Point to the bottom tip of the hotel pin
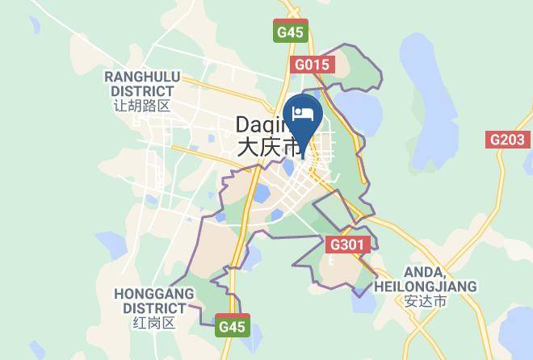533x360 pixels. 304,149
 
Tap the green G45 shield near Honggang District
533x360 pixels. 232,327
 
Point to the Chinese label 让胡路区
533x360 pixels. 142,106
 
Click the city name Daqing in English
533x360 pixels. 260,124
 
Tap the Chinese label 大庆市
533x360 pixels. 267,148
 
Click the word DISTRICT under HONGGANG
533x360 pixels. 154,308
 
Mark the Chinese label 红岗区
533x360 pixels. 154,323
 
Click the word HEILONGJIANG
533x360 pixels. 426,287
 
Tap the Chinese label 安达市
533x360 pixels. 426,301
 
